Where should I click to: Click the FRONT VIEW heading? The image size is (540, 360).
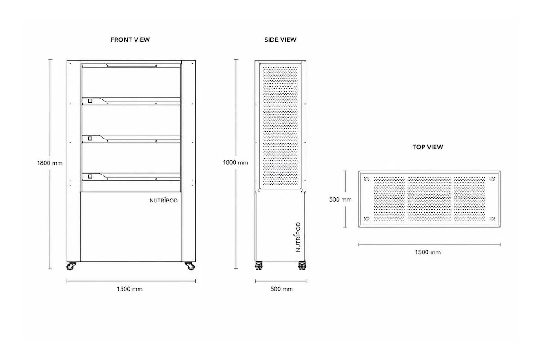130,40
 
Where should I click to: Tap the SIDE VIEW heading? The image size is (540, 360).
280,40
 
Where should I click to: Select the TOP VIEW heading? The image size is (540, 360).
427,147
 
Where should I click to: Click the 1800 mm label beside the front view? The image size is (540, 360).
49,163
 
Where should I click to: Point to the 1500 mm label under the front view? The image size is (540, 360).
130,289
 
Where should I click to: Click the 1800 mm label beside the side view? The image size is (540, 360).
235,162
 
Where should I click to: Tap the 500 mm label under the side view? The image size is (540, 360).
282,289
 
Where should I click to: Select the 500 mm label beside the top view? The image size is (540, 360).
340,200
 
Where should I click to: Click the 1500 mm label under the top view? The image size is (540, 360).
427,252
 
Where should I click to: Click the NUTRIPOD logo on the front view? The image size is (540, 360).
164,200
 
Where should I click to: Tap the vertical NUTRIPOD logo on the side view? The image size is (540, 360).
298,237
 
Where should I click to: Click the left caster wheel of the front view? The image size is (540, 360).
70,266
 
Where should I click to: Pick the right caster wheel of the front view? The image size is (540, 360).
190,266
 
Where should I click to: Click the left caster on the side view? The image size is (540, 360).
259,265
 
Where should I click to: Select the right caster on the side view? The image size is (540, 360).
302,265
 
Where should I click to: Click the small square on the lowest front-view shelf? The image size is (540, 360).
90,176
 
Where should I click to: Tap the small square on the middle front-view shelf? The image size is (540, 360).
90,139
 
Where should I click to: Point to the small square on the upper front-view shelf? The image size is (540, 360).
90,101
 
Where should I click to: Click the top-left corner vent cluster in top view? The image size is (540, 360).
367,179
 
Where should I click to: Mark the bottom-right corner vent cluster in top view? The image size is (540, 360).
492,219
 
